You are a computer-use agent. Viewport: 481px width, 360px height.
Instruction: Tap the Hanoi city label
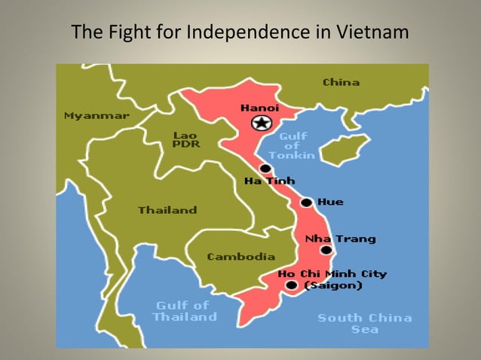click(x=259, y=108)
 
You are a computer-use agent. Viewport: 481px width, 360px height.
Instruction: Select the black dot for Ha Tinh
click(x=265, y=169)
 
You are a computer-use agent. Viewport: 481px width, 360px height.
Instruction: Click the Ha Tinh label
click(x=269, y=181)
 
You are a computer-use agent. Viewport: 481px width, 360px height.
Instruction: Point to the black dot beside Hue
click(x=306, y=203)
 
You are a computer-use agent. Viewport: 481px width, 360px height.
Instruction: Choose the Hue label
click(x=330, y=202)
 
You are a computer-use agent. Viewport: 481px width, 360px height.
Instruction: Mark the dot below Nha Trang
click(x=326, y=250)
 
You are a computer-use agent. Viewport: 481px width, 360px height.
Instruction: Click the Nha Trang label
click(x=340, y=239)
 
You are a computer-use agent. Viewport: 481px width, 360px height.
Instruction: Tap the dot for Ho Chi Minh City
click(x=292, y=285)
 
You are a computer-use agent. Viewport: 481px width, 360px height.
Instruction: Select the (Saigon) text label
click(x=332, y=285)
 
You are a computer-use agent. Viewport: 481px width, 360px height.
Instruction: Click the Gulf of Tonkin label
click(x=293, y=145)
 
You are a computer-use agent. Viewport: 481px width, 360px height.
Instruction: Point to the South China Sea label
click(x=365, y=323)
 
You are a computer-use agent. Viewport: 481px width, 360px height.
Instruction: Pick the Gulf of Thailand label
click(x=184, y=311)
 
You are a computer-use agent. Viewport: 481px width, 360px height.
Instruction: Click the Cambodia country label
click(x=241, y=257)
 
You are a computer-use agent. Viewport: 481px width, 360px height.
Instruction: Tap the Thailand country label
click(x=167, y=210)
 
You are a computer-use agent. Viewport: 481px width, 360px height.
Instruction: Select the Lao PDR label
click(x=186, y=139)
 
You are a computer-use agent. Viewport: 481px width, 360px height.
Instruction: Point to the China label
click(x=341, y=82)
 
